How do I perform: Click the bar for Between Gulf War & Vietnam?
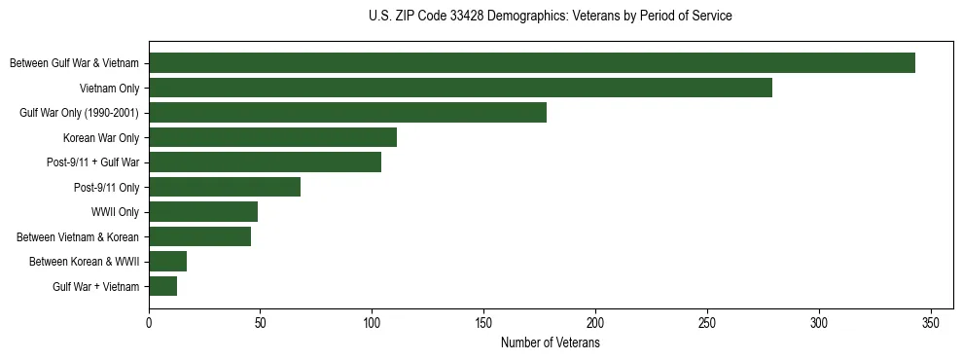point(532,63)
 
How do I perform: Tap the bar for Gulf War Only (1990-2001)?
point(347,113)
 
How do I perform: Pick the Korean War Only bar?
point(272,137)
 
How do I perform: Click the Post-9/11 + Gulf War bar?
point(265,162)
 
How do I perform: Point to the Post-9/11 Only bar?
point(225,187)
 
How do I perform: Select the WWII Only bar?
point(203,212)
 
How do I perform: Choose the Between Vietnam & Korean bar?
point(199,236)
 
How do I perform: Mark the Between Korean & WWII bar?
point(167,262)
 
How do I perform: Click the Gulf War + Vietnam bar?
point(162,286)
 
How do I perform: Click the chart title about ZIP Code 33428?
point(551,17)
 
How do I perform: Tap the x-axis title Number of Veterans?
point(551,343)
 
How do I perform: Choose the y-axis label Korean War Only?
point(101,138)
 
